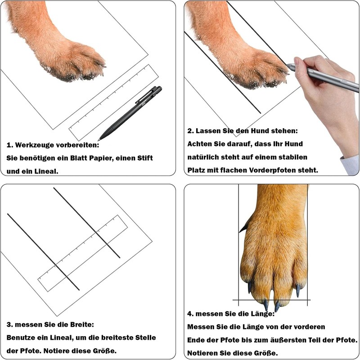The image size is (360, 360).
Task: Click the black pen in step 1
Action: (130, 113)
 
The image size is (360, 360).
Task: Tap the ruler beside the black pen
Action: (114, 103)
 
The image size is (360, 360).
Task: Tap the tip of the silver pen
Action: (288, 65)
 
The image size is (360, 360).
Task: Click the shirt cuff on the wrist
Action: (351, 165)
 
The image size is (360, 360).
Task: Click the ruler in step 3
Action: (83, 253)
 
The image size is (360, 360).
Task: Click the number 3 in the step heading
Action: (9, 324)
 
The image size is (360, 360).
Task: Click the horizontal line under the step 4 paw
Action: (271, 300)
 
